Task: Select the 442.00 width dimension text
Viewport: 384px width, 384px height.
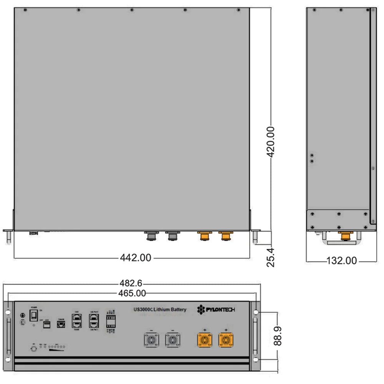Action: tap(136, 258)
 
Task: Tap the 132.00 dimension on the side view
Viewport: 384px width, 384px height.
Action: tap(341, 261)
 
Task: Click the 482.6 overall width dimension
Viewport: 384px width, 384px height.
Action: tap(131, 283)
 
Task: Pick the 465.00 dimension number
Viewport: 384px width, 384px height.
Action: tap(131, 293)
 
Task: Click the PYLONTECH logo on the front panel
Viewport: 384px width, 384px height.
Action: tap(215, 310)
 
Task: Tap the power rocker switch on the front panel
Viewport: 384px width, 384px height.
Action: tap(34, 316)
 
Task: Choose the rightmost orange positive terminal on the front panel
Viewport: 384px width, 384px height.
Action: tap(226, 340)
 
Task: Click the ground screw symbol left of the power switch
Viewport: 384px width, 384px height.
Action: tap(23, 316)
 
